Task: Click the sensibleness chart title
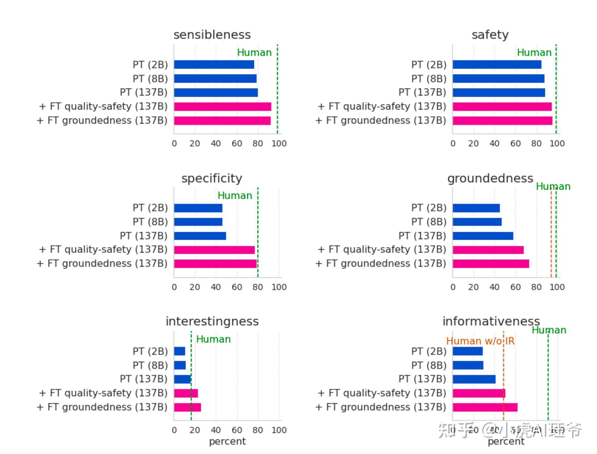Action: (212, 35)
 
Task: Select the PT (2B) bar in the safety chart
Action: (497, 64)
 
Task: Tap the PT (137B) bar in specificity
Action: (200, 236)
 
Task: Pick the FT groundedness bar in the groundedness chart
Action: (490, 264)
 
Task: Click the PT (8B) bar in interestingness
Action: (180, 365)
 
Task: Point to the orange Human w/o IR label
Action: (480, 341)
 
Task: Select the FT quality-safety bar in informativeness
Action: (479, 393)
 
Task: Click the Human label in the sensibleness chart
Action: (254, 53)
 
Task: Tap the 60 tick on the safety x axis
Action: (515, 144)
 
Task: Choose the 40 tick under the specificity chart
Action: (216, 287)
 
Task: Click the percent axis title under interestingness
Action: (227, 441)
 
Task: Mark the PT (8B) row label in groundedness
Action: (429, 222)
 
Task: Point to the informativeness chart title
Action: (491, 321)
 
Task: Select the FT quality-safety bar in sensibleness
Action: (222, 107)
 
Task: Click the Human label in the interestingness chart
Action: (213, 339)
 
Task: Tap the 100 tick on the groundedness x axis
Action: (557, 287)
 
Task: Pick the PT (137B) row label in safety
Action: (422, 92)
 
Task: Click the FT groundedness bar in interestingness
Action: (187, 407)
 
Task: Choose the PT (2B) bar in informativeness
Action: (468, 351)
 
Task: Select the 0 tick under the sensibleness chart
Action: (174, 144)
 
